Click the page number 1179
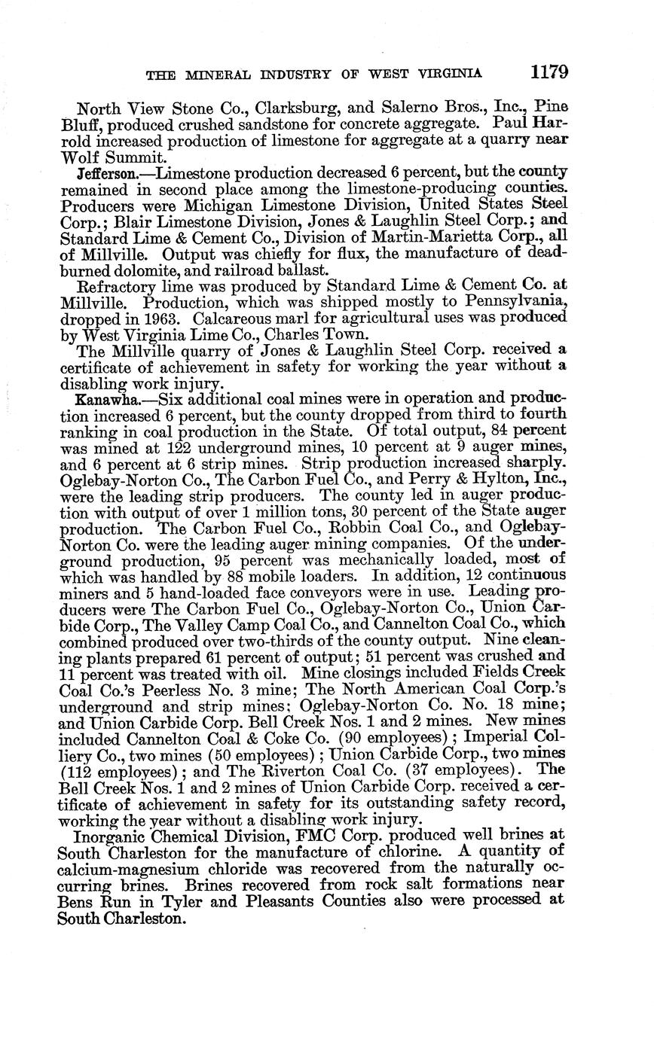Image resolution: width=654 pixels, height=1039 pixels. tap(548, 72)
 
